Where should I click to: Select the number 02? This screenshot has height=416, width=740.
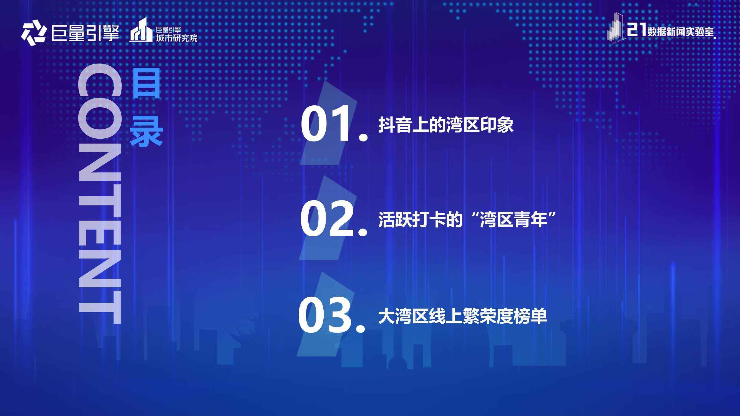tap(327, 219)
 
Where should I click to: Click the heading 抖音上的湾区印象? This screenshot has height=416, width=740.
tap(446, 125)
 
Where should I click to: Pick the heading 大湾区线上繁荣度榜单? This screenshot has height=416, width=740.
tap(462, 316)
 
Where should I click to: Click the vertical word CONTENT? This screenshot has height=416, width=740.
tap(100, 194)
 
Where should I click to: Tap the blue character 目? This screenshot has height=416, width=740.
tap(146, 83)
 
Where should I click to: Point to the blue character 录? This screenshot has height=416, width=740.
tap(146, 132)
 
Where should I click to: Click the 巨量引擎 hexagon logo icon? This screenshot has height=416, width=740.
tap(34, 33)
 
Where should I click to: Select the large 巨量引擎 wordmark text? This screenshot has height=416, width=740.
tap(85, 33)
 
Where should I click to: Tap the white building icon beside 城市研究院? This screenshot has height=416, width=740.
tap(141, 30)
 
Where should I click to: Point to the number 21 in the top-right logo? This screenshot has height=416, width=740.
tap(636, 30)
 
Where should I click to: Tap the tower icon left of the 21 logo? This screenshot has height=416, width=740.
tap(615, 28)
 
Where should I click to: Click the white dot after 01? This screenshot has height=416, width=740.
tap(363, 137)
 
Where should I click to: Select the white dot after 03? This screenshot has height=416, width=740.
tap(361, 328)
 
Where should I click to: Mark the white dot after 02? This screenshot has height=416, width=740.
tap(363, 232)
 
